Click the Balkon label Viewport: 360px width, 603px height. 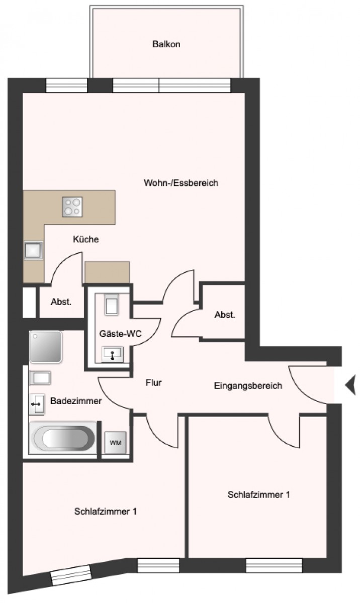[x=166, y=44]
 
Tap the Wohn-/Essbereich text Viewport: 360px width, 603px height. [x=181, y=183]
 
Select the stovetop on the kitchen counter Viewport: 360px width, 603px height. [x=72, y=207]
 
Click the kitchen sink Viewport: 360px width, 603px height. [x=33, y=250]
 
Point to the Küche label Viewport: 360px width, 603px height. [x=85, y=239]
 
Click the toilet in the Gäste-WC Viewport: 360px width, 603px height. [x=112, y=305]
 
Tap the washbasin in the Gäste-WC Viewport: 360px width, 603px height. [x=112, y=354]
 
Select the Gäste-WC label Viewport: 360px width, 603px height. [x=120, y=334]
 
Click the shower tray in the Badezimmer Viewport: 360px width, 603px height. [x=46, y=347]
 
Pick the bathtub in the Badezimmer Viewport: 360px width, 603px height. [x=63, y=438]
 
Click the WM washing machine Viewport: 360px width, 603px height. [x=115, y=443]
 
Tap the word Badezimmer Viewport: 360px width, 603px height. [x=76, y=401]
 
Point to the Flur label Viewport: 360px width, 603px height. [x=153, y=382]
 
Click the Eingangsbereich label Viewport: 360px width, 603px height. [x=248, y=386]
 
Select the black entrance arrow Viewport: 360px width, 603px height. [x=350, y=385]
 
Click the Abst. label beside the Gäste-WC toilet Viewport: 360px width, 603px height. [x=61, y=302]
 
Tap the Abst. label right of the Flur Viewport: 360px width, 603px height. [x=225, y=315]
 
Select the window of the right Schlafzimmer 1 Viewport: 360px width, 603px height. [x=274, y=566]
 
